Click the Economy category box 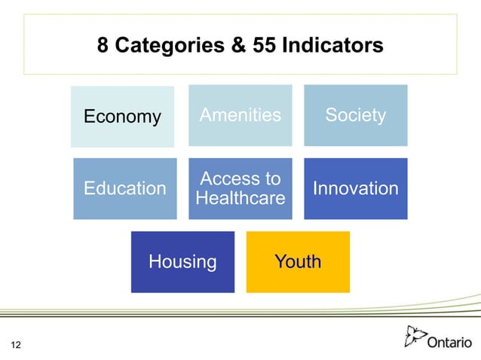[122, 117]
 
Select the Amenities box [240, 115]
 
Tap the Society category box [355, 115]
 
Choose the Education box [125, 188]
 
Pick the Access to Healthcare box [240, 188]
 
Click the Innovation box [355, 188]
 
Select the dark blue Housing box [182, 261]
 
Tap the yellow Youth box [298, 261]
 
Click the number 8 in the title [104, 46]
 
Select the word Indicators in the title [332, 46]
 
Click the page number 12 [15, 345]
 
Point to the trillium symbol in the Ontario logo [415, 336]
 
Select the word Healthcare [240, 198]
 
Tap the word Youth [298, 261]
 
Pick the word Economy [122, 117]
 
